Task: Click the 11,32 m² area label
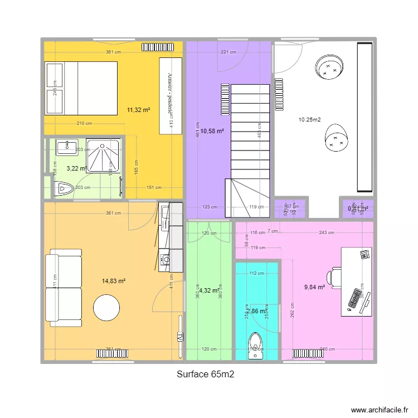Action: [x=139, y=110]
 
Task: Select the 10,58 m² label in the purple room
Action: [x=212, y=131]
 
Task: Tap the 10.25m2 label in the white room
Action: [x=309, y=119]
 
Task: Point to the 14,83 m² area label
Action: [x=114, y=281]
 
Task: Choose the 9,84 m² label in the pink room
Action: [x=314, y=287]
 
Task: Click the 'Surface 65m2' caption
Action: [x=205, y=375]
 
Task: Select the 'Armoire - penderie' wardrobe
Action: [x=170, y=95]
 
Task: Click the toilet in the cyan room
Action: [x=256, y=346]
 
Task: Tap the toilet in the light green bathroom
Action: [x=64, y=189]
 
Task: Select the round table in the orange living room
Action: [x=106, y=308]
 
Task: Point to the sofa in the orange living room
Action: [x=64, y=288]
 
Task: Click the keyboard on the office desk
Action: [x=354, y=299]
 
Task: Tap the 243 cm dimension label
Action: [x=327, y=233]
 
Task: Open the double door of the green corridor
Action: [x=209, y=234]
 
